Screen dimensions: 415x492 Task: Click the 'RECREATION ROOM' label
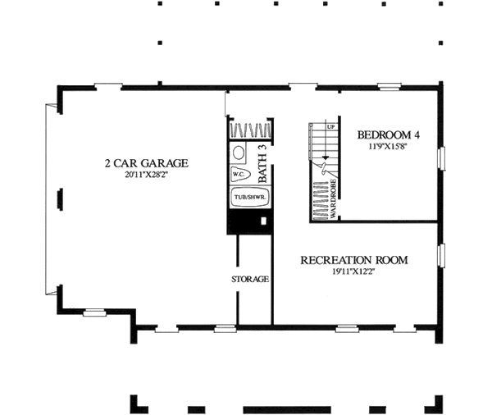(353, 261)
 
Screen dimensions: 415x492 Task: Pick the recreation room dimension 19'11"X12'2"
(353, 272)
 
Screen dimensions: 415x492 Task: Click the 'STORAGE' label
(249, 280)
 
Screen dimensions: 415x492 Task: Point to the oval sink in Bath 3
(237, 153)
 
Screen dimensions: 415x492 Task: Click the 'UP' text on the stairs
(331, 128)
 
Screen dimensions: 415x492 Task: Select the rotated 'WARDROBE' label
(335, 197)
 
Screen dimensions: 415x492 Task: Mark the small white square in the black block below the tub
(262, 221)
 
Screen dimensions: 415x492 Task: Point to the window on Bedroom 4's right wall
(441, 158)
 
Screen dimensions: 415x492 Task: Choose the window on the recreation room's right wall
(441, 255)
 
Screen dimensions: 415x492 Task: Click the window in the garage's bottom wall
(94, 312)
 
